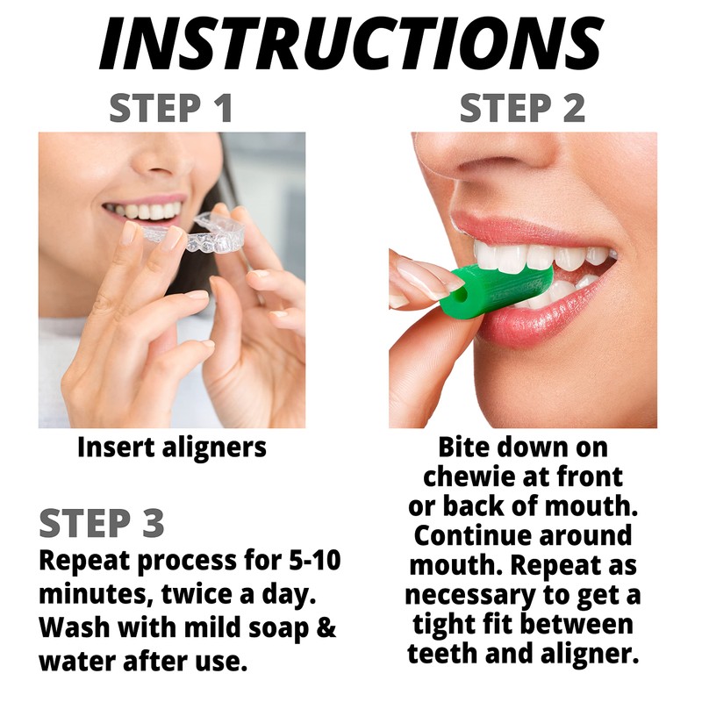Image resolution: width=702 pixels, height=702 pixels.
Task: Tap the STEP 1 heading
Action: point(171,109)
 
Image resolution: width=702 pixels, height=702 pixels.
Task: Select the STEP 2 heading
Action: point(522,109)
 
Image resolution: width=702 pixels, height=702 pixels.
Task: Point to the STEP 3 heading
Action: point(102,523)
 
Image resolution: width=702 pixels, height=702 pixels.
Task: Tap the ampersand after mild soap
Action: point(326,628)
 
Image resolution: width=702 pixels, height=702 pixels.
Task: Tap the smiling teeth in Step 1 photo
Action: point(144,211)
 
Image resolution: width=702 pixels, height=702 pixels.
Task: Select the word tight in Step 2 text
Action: point(444,626)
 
